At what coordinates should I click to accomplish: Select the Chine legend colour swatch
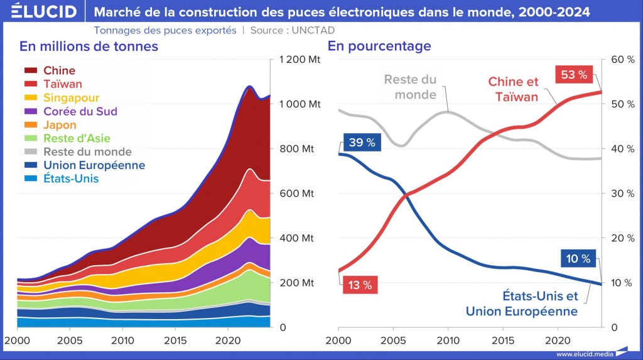click(32, 71)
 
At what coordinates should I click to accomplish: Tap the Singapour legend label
click(71, 97)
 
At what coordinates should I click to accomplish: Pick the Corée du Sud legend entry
click(80, 111)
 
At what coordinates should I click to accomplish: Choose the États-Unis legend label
click(70, 179)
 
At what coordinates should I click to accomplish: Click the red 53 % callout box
click(574, 75)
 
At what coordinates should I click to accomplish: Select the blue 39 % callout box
click(362, 143)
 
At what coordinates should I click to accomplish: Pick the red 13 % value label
click(359, 285)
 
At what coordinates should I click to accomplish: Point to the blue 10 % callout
click(577, 259)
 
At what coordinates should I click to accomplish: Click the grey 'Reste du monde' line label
click(410, 87)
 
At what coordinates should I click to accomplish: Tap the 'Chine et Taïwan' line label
click(513, 89)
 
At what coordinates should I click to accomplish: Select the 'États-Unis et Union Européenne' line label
click(521, 303)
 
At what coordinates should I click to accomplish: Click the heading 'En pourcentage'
click(379, 46)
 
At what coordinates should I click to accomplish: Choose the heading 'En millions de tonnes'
click(89, 46)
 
